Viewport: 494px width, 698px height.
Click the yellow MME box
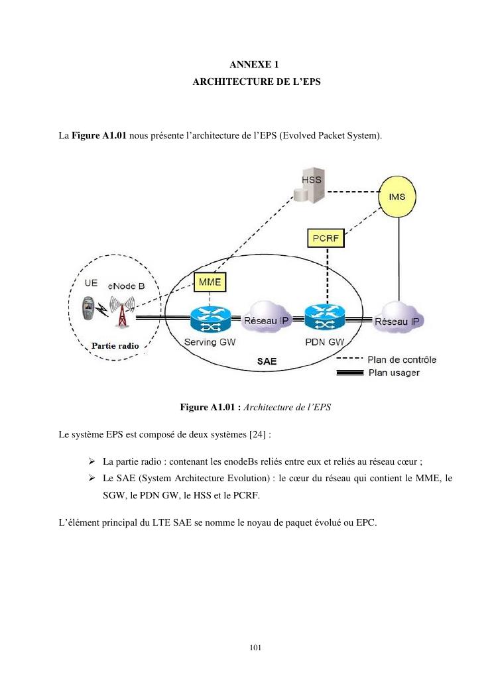point(211,283)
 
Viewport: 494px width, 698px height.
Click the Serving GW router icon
point(209,318)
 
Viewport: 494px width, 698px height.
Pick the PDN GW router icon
point(325,318)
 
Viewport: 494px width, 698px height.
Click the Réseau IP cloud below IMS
point(398,321)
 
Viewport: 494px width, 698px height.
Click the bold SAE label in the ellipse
point(267,363)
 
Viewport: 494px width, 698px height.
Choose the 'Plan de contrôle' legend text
point(402,360)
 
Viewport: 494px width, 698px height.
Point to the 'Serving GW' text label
point(210,343)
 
